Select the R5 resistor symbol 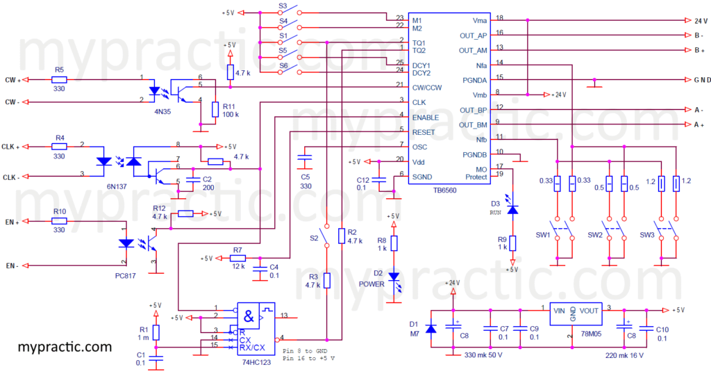[x=59, y=80]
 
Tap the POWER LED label [x=372, y=284]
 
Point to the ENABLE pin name [x=425, y=117]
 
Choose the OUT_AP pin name [x=474, y=35]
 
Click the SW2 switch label [x=595, y=234]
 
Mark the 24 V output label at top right [x=699, y=21]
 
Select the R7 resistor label [x=237, y=249]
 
